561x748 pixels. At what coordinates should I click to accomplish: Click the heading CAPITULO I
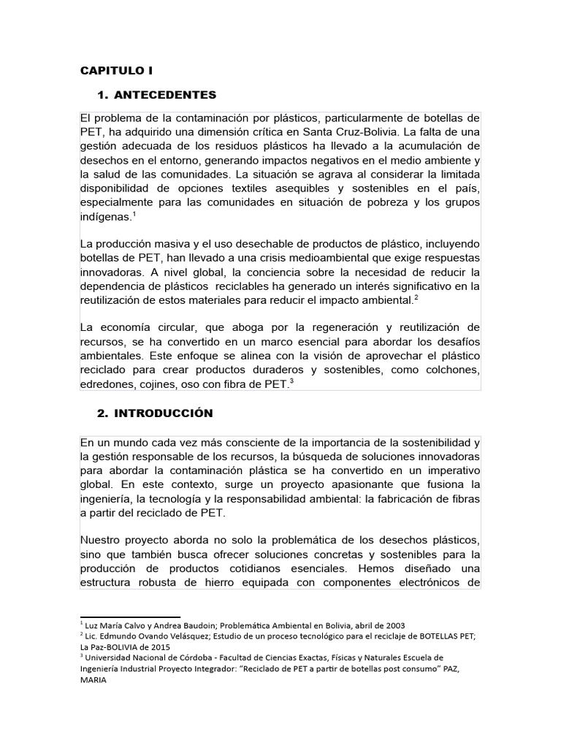116,70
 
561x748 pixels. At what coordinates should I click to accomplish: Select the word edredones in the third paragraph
107,383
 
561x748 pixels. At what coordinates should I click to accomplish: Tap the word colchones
451,370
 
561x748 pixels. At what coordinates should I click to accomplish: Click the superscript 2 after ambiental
416,296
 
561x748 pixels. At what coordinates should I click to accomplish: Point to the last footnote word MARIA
93,679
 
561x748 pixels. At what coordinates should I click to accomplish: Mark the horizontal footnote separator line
130,617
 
